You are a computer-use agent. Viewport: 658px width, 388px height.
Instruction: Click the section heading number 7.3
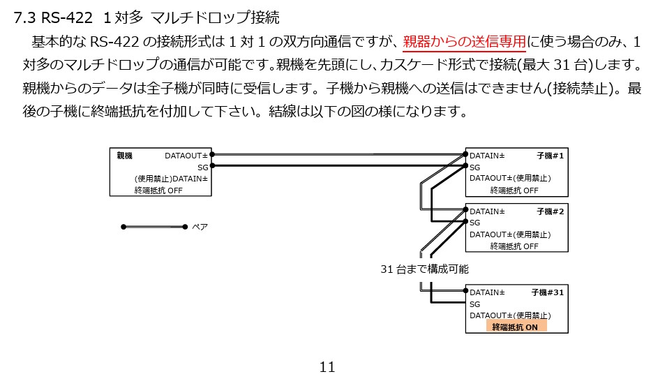point(25,18)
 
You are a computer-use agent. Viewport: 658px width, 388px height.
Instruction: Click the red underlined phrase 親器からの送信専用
point(464,42)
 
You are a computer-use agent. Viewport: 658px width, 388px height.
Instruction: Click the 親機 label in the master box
point(125,156)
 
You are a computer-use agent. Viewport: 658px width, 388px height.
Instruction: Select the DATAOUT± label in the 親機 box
point(186,156)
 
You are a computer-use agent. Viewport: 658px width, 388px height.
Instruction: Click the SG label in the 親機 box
point(202,167)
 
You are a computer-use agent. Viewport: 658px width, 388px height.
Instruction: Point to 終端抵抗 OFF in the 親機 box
point(158,190)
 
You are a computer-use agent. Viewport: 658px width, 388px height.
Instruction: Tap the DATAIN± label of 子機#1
point(487,155)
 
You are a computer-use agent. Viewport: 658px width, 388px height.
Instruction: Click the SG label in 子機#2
point(475,223)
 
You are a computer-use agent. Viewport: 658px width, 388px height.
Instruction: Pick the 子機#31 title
point(547,292)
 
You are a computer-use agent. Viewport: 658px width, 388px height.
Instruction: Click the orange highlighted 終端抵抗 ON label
point(515,327)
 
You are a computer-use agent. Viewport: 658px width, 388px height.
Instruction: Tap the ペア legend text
point(200,227)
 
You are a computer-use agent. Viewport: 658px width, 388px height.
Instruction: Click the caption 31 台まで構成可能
point(424,269)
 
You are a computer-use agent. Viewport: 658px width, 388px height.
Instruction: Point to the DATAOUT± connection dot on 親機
point(212,154)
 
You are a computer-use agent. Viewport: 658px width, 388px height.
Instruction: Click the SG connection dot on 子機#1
point(465,166)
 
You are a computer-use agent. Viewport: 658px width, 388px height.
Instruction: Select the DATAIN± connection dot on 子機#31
point(465,292)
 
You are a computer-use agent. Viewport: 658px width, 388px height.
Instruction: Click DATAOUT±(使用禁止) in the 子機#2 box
point(510,234)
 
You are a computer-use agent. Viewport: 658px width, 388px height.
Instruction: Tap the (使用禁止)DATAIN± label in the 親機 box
point(171,179)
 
